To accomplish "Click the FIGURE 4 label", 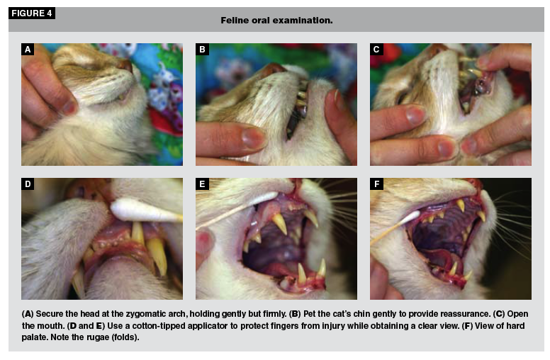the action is click(32, 13).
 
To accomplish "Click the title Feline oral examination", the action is click(276, 21).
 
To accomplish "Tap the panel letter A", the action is click(28, 50).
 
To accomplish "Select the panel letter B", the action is click(202, 50).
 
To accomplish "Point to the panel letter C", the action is click(376, 50).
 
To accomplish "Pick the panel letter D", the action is click(28, 184).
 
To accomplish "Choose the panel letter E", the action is click(202, 184).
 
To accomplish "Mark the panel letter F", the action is click(376, 184).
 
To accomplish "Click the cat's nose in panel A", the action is click(127, 65).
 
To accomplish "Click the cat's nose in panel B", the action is click(273, 69).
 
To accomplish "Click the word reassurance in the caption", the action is click(465, 314).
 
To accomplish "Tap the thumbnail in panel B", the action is click(253, 137).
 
